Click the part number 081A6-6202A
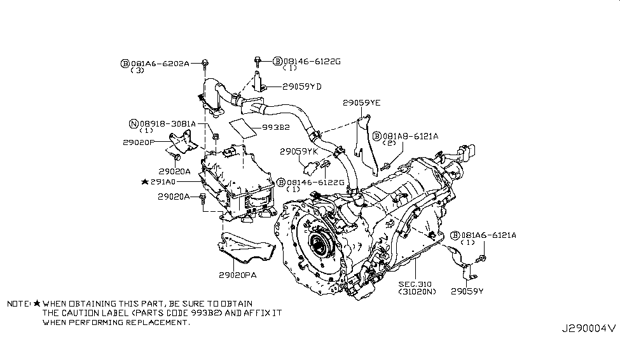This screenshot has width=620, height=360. point(160,64)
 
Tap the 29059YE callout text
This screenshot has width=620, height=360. point(361,102)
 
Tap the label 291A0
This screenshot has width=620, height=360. point(166,181)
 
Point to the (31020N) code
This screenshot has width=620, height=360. point(417,292)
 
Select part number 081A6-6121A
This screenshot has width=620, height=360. point(490,235)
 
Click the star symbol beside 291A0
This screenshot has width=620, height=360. point(146,181)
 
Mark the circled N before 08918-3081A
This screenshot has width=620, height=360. point(134,123)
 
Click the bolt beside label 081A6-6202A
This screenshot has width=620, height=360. point(205,62)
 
